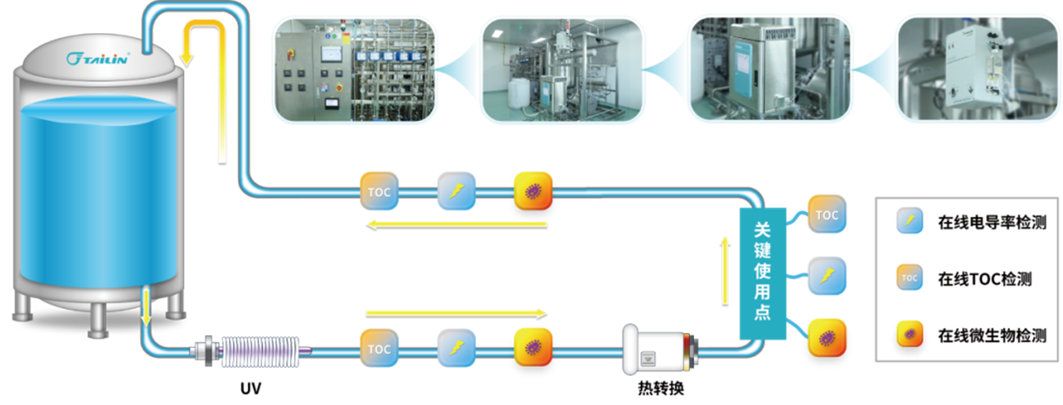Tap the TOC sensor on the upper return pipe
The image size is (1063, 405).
tap(378, 191)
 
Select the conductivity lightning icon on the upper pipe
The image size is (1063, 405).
tap(456, 191)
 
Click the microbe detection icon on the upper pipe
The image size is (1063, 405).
tap(533, 191)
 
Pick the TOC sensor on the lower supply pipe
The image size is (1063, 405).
tap(378, 349)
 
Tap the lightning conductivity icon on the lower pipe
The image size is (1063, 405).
tap(456, 349)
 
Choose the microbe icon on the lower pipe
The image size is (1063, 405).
tap(533, 349)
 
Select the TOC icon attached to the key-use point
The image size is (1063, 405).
tap(826, 215)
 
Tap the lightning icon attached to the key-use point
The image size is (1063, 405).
tap(826, 276)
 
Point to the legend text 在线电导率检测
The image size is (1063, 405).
tap(991, 223)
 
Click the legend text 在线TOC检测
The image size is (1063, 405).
tap(984, 279)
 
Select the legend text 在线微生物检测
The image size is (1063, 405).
tap(991, 335)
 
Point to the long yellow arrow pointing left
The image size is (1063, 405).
tap(456, 225)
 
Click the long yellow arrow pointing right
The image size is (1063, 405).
tap(456, 313)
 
